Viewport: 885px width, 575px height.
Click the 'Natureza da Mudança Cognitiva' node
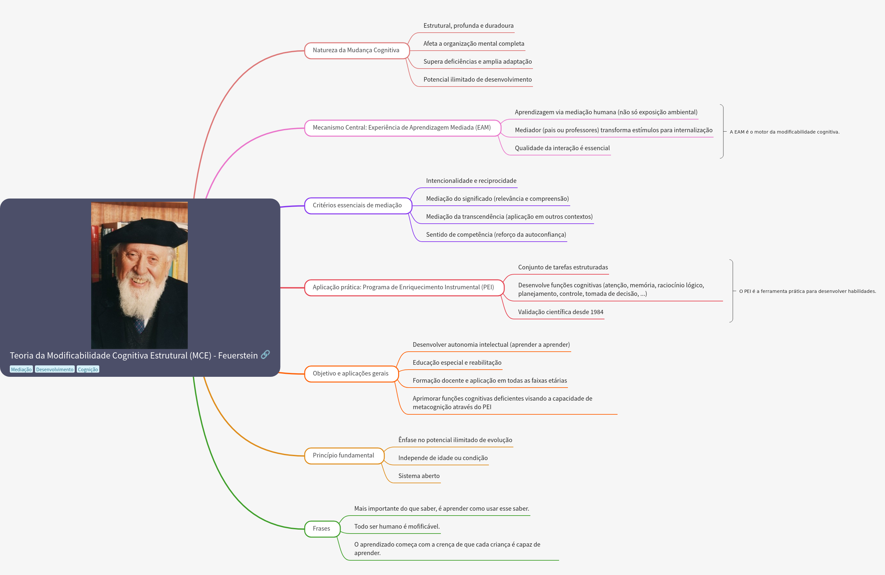(356, 51)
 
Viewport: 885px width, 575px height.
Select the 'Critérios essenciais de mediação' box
(357, 205)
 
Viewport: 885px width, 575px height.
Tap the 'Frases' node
(322, 529)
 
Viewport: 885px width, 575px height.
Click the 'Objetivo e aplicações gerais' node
(351, 374)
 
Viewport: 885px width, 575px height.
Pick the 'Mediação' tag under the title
(21, 370)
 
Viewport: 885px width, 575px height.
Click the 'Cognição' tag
(88, 370)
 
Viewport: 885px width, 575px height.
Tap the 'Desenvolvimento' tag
(55, 370)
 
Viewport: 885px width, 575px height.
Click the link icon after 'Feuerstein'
(265, 355)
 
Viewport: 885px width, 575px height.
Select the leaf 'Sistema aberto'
(419, 476)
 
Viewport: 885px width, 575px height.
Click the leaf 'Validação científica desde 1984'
(560, 312)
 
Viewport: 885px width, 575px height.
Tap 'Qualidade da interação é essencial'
(562, 148)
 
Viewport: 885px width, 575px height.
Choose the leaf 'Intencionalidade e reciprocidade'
(471, 181)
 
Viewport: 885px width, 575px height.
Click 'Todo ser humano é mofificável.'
(397, 527)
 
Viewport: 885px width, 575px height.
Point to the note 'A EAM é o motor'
(784, 132)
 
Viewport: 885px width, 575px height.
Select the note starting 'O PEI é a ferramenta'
(807, 291)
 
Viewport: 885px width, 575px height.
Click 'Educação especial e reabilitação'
(457, 363)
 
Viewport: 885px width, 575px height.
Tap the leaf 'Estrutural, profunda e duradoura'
(468, 26)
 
